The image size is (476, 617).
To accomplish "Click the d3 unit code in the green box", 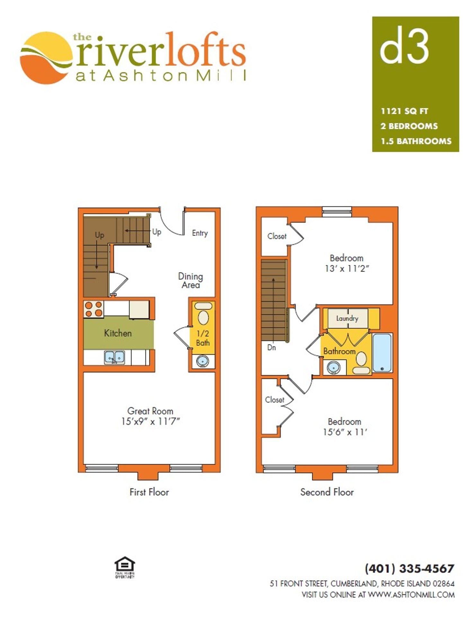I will tap(404, 45).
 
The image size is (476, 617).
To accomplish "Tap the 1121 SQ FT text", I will tap(404, 111).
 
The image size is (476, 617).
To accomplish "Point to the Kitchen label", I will tap(118, 333).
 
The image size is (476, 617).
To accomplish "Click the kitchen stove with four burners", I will tap(93, 309).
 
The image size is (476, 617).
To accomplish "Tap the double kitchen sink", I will tap(114, 357).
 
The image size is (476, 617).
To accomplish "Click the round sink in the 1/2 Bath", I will tap(202, 361).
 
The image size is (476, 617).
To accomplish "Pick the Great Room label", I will tap(150, 411).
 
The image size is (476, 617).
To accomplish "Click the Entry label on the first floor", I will tap(200, 233).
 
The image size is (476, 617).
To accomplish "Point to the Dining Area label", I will tap(190, 281).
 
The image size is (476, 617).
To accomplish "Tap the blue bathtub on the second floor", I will tap(382, 352).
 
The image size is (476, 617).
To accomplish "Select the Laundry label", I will tap(347, 318).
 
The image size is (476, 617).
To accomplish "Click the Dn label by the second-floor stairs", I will tap(271, 347).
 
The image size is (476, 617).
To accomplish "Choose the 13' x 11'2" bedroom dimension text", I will tap(347, 269).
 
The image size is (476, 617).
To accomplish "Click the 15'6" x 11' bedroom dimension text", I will tap(345, 432).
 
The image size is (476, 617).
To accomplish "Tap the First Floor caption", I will tap(149, 492).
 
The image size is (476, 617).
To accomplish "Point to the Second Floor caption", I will tap(327, 492).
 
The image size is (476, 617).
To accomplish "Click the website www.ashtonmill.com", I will tap(411, 595).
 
